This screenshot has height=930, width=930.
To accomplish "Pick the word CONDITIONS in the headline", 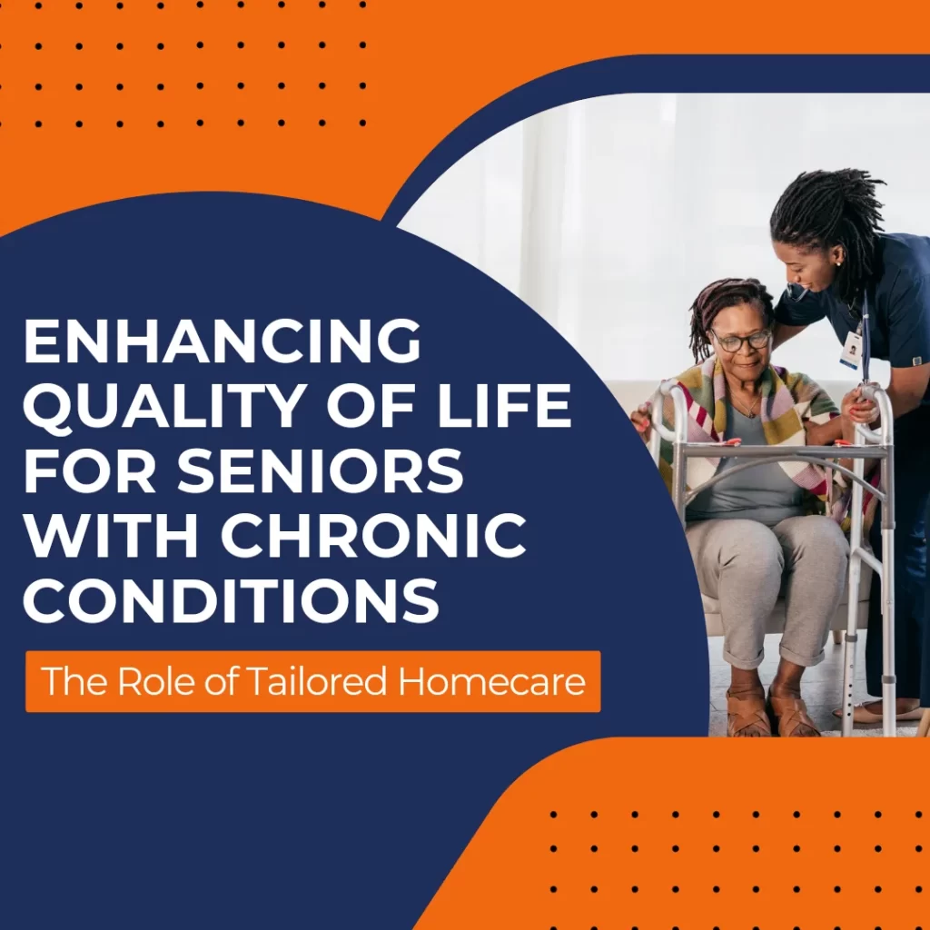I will tap(231, 600).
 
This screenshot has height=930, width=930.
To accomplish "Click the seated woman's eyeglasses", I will tap(740, 341).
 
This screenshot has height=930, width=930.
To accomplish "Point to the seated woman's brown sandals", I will tap(767, 712).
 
